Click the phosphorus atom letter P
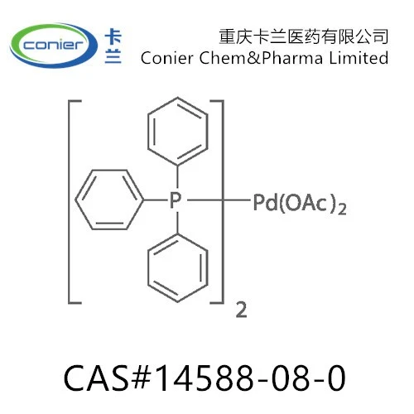pos(176,200)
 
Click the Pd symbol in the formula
pos(265,203)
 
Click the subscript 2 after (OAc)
pos(342,209)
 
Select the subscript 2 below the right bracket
pos(241,310)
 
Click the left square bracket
pos(69,202)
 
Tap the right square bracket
pos(223,202)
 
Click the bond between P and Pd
pos(219,200)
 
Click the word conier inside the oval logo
pos(53,45)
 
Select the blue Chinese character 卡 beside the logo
pos(113,36)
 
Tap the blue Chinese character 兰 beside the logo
pos(113,55)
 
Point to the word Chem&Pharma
pos(261,58)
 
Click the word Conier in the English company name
pos(166,58)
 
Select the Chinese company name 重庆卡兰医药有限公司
pos(304,36)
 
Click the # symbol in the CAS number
pos(142,378)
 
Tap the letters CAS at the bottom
pos(96,378)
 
